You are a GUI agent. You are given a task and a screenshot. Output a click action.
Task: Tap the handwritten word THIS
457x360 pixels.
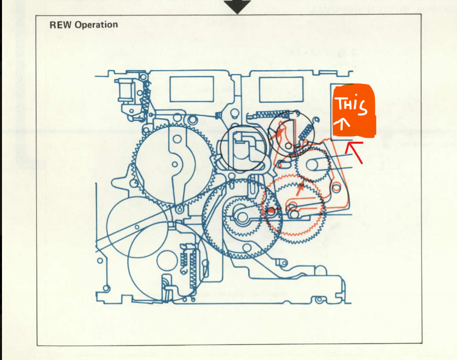pos(351,105)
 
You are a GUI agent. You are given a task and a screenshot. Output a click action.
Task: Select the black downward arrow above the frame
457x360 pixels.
pos(237,6)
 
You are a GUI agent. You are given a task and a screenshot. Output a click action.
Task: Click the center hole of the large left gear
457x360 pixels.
pos(175,164)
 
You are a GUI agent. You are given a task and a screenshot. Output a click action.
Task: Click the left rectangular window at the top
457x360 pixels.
pos(191,90)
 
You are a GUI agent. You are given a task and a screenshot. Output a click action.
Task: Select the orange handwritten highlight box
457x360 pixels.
pos(354,110)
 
